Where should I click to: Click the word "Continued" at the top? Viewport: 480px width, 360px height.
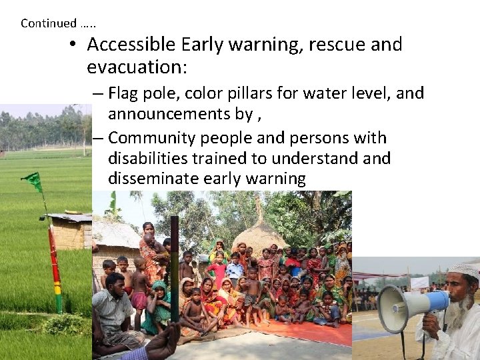49,23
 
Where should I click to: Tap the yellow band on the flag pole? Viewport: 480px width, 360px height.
57,288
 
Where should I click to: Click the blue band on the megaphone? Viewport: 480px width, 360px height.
436,301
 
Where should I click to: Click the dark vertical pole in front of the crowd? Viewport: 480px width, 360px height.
174,267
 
